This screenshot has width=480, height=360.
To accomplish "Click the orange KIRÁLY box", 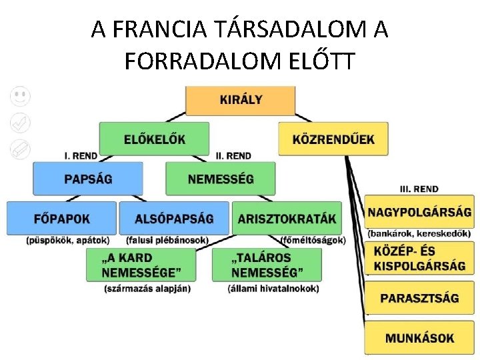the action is coord(241,100).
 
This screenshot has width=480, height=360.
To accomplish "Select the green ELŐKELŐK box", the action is coord(154,139).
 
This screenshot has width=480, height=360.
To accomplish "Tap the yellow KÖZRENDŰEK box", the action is coord(333,139).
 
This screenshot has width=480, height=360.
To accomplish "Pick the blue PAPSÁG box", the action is coord(88,178).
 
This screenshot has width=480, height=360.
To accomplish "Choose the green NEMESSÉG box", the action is coord(220,178).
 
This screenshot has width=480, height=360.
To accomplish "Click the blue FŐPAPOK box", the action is coord(61,218).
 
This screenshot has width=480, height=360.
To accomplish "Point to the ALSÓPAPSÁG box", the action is coord(174,218).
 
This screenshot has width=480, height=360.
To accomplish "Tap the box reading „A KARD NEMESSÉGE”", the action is coord(141,264).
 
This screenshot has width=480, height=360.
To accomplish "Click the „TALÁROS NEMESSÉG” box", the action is coord(267,264).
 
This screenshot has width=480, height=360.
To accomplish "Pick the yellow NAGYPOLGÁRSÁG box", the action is coord(419,212).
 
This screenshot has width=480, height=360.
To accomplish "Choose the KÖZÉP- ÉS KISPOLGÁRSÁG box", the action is coord(419,259).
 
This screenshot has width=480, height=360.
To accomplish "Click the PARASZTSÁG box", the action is coord(419,297).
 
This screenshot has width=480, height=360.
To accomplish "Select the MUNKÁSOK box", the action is coord(419,337).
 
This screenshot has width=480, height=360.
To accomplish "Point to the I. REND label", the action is coord(81,156).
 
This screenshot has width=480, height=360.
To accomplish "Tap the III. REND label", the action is coord(419,189).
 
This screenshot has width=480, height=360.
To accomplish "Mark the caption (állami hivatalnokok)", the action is coord(273,289).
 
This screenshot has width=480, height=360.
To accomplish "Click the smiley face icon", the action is coord(21,96).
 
